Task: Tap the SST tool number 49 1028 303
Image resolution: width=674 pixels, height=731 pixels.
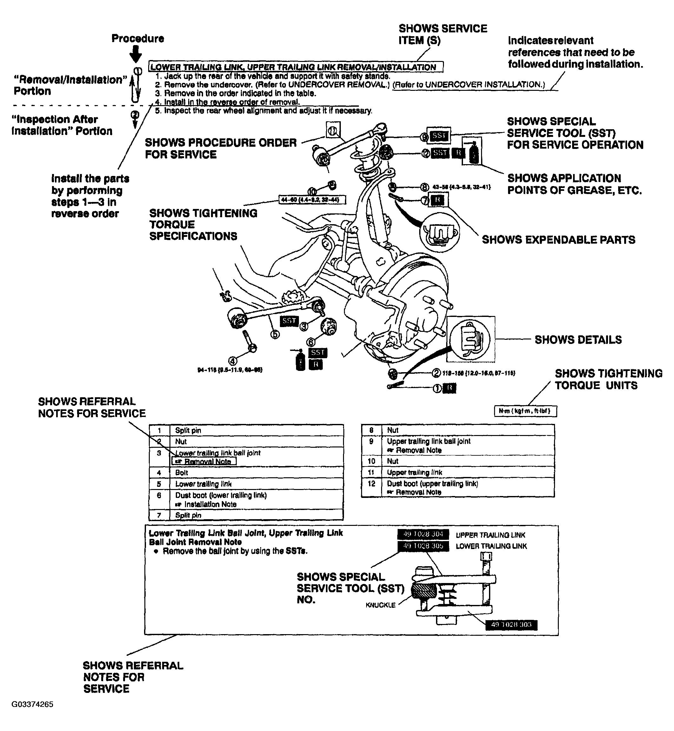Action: point(511,625)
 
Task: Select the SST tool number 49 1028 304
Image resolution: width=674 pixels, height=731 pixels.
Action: point(423,534)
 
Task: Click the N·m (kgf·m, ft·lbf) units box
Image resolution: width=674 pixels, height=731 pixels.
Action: point(525,411)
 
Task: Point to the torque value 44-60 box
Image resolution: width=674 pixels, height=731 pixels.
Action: point(312,200)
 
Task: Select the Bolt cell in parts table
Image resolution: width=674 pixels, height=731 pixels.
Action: point(182,473)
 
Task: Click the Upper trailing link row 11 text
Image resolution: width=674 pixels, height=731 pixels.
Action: point(414,472)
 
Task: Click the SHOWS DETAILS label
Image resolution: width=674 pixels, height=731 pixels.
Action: point(578,340)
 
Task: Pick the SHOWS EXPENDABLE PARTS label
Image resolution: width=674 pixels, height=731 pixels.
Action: point(558,240)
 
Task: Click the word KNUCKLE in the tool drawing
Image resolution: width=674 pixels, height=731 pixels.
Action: point(380,605)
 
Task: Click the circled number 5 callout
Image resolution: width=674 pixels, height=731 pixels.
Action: point(275,334)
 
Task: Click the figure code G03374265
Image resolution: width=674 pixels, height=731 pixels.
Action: point(32,704)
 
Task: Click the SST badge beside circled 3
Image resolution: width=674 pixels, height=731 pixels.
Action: point(289,321)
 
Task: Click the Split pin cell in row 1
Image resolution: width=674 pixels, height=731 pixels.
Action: point(188,430)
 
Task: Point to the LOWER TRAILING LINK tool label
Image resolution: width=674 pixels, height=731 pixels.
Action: point(491,546)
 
